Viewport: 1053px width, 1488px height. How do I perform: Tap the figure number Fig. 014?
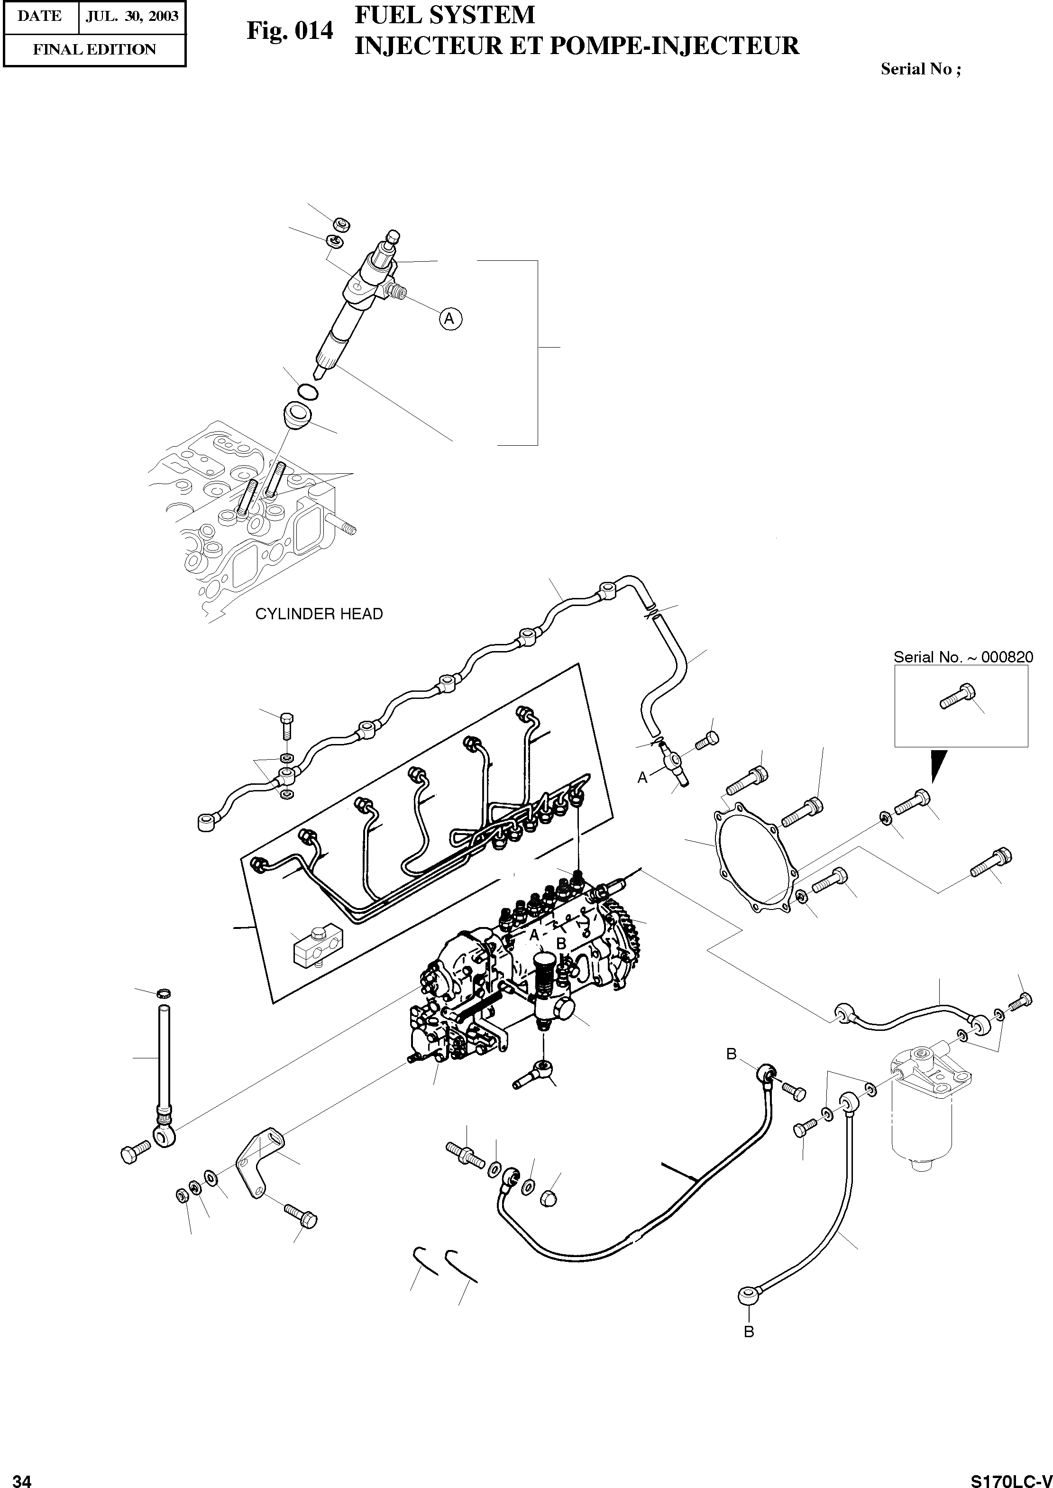[290, 30]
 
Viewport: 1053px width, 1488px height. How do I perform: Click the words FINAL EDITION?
[95, 50]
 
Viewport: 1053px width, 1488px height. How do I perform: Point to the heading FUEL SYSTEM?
[445, 15]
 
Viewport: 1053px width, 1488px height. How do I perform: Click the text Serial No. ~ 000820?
[963, 657]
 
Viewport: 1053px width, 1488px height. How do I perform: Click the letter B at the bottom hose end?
[749, 1332]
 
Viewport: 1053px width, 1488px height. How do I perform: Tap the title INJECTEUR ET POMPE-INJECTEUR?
[577, 46]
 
